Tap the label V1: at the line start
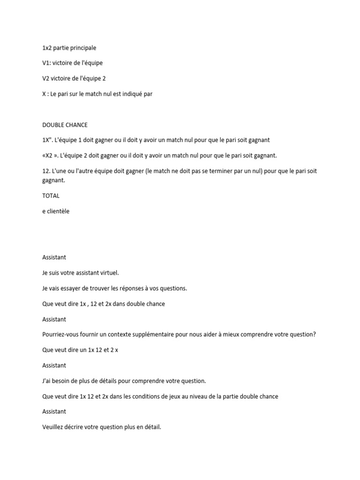46,63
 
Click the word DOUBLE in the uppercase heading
53,125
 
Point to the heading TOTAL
51,195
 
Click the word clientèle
58,211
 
